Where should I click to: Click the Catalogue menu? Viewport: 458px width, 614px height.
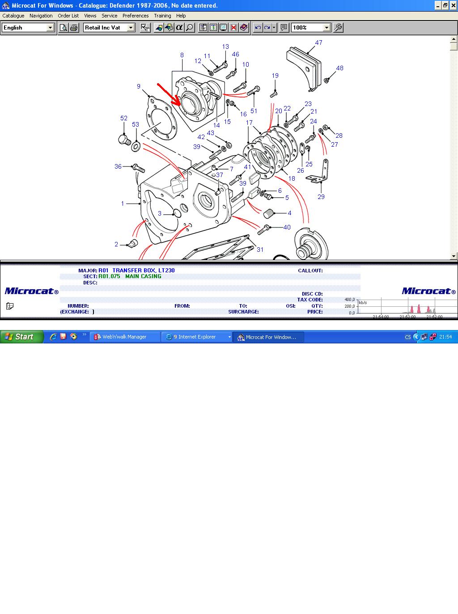pos(13,16)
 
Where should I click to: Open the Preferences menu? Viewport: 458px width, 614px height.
pos(136,16)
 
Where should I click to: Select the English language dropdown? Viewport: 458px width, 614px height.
pos(28,27)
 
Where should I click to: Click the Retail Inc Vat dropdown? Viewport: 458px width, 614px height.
pos(109,27)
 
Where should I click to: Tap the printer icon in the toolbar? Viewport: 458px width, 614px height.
pos(74,27)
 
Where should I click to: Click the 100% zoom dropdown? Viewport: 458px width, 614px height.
pos(311,27)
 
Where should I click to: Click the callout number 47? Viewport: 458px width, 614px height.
pos(318,42)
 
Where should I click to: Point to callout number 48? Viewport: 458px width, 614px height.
pos(339,68)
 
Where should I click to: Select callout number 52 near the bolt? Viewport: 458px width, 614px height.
pos(123,118)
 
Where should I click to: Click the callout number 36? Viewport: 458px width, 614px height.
pos(118,166)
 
